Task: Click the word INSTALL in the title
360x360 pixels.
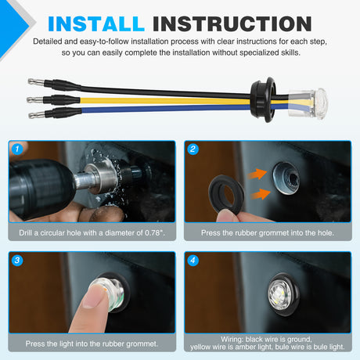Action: [96, 24]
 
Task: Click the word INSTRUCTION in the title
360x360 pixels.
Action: [232, 24]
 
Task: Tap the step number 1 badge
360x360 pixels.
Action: [17, 149]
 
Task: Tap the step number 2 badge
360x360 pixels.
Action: [193, 149]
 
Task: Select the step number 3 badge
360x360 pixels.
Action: [17, 260]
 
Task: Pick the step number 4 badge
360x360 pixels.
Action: [193, 260]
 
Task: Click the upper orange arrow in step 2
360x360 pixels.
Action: [257, 174]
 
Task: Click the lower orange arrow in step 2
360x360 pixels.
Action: [261, 194]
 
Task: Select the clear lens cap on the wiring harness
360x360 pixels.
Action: [308, 103]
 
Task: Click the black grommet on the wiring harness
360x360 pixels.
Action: [263, 99]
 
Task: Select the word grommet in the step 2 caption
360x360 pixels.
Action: [274, 233]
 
